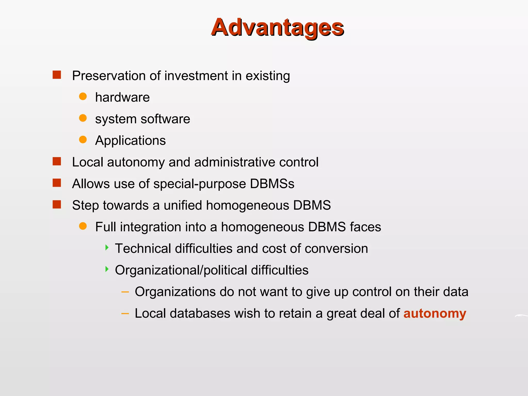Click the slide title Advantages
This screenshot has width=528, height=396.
click(x=277, y=27)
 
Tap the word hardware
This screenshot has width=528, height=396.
click(x=122, y=97)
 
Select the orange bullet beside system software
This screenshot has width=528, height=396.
click(x=83, y=118)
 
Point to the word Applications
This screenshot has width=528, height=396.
click(x=130, y=141)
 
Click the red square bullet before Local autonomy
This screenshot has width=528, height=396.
click(x=57, y=161)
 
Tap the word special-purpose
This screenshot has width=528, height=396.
click(x=200, y=184)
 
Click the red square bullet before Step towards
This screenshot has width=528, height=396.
click(x=57, y=204)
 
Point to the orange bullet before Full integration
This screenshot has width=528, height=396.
click(x=83, y=226)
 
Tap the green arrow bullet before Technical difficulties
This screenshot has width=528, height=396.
click(x=107, y=248)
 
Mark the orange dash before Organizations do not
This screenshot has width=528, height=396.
click(x=125, y=292)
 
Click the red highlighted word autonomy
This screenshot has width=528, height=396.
click(x=435, y=314)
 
